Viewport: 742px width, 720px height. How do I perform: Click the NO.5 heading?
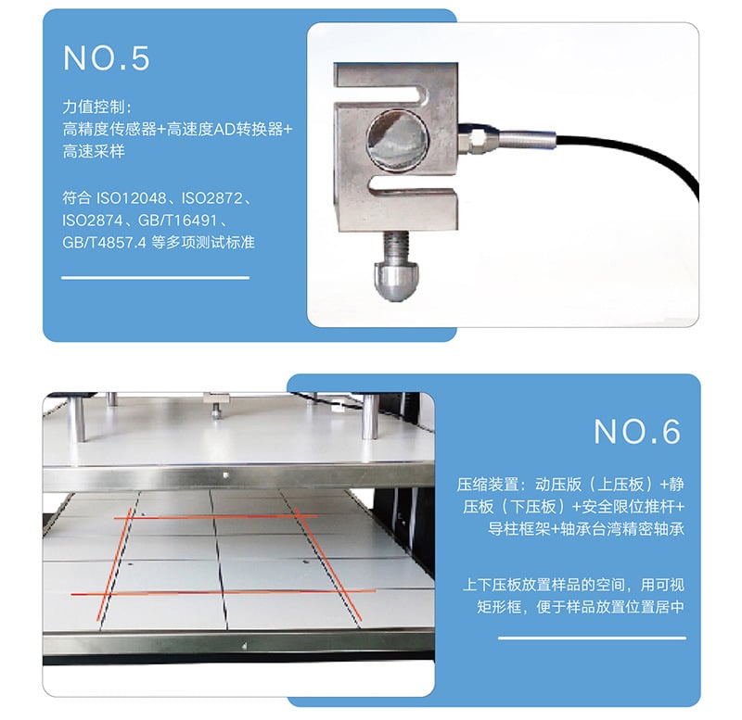(x=107, y=58)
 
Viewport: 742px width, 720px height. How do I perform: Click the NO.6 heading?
(x=637, y=431)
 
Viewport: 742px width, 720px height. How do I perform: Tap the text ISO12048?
(x=131, y=198)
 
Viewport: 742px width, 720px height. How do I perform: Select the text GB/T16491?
(x=177, y=221)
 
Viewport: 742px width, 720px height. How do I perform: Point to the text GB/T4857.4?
(x=104, y=243)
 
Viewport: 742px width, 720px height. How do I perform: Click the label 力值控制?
(x=94, y=107)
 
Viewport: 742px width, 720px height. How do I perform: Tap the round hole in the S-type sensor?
(x=398, y=140)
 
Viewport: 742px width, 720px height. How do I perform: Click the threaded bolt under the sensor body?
(x=396, y=246)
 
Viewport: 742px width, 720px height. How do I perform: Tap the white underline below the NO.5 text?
(x=155, y=277)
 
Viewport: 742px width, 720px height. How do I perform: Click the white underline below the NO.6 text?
(x=592, y=638)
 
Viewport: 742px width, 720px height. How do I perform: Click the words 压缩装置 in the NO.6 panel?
(x=488, y=484)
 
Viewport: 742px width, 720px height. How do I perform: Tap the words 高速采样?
(x=94, y=151)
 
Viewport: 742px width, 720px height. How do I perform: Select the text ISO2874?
(x=92, y=221)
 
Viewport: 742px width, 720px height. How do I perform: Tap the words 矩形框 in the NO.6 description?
(x=499, y=607)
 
